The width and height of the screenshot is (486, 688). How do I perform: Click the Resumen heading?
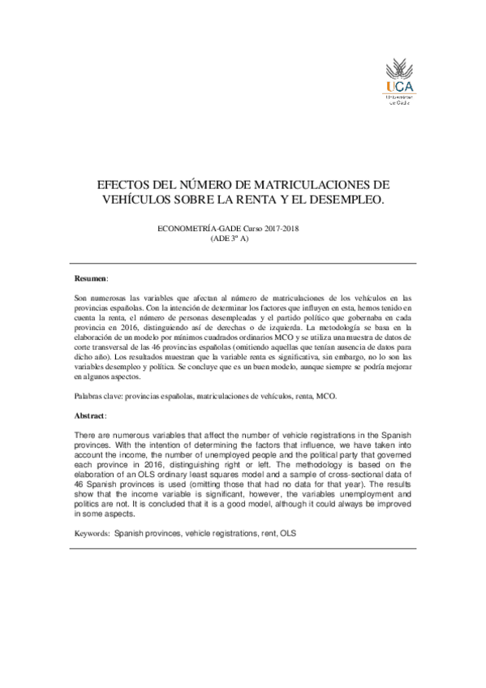[89, 278]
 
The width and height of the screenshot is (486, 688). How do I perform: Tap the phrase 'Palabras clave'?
[98, 396]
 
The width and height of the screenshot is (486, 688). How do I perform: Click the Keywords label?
[92, 535]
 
